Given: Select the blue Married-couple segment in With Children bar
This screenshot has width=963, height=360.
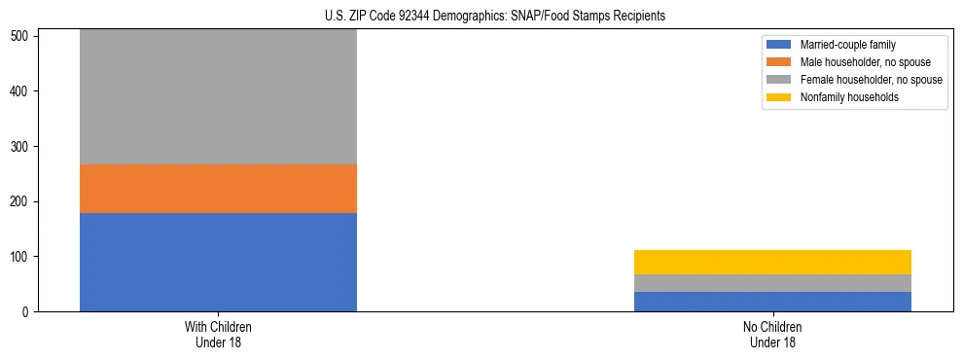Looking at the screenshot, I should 218,262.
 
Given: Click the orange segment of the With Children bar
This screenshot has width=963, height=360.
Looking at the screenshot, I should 218,189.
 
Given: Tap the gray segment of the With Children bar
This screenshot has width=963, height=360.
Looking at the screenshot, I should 218,97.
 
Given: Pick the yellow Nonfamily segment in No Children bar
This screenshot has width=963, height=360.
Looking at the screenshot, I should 772,262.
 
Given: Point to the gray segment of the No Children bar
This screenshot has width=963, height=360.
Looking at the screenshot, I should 772,283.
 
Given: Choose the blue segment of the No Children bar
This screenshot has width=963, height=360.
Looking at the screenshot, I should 772,302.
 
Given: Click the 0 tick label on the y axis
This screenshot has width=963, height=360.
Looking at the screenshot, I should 28,312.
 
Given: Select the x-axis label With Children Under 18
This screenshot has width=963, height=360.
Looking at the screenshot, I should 218,334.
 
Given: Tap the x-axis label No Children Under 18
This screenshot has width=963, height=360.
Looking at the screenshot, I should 772,334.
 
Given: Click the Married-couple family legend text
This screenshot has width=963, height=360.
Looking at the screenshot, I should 847,45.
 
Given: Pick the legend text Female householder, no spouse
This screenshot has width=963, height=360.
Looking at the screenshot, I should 871,80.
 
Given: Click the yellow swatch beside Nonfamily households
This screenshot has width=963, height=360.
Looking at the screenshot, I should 780,97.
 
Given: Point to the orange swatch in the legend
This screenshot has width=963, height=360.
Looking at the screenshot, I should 780,62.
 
